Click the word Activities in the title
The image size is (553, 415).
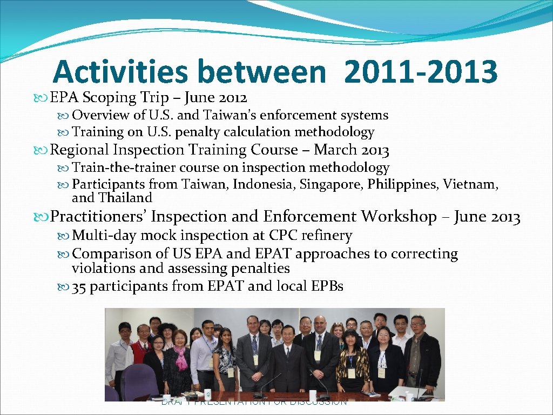coord(120,72)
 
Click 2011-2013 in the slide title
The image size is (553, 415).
coord(420,72)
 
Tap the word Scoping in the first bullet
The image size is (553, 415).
coord(109,98)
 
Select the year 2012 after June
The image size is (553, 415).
coord(233,98)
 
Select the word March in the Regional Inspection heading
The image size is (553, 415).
coord(335,150)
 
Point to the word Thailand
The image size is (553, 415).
coord(125,198)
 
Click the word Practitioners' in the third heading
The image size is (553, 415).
coord(98,217)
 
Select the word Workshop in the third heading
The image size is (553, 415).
coord(399,217)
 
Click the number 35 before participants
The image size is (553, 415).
coord(79,286)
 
